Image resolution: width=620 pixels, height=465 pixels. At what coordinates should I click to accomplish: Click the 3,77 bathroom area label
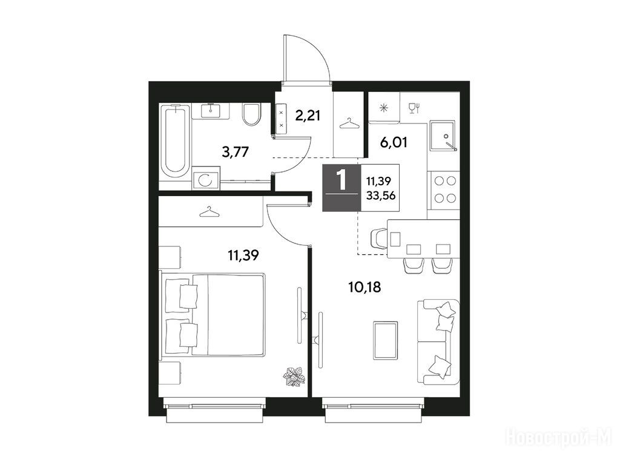(236, 152)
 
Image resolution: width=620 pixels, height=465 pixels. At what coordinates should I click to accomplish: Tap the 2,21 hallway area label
(308, 116)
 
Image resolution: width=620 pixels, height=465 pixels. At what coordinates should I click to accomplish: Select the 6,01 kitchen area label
(394, 142)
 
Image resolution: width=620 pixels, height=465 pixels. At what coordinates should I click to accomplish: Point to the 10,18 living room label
(364, 287)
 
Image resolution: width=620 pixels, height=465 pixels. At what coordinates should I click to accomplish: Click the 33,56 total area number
(381, 195)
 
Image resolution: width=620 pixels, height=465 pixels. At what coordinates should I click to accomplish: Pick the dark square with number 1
(341, 188)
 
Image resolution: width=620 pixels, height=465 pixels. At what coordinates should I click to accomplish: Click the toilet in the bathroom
(251, 114)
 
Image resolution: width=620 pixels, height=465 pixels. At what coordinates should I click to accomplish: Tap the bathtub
(175, 142)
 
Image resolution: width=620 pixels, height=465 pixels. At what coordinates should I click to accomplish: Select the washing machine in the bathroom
(206, 180)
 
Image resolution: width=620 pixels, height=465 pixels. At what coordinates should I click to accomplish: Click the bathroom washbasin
(211, 110)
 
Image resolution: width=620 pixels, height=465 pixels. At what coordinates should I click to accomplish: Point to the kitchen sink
(443, 136)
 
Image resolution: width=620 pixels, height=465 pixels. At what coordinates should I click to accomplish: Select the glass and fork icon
(414, 108)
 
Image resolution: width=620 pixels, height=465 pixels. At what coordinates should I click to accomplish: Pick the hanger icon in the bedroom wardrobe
(210, 213)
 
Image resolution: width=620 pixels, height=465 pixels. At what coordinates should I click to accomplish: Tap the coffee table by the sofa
(385, 341)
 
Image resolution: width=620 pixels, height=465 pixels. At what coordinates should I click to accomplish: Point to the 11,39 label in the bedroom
(243, 256)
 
